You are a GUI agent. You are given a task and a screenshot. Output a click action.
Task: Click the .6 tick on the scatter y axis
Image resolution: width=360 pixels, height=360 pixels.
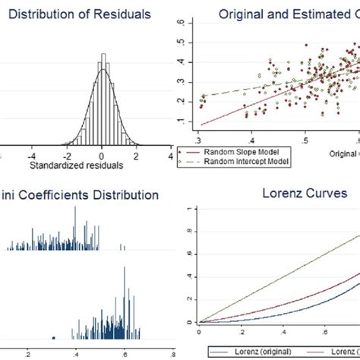[179, 24]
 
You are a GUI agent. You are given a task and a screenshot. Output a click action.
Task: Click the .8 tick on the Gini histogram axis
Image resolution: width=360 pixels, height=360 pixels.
[173, 353]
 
